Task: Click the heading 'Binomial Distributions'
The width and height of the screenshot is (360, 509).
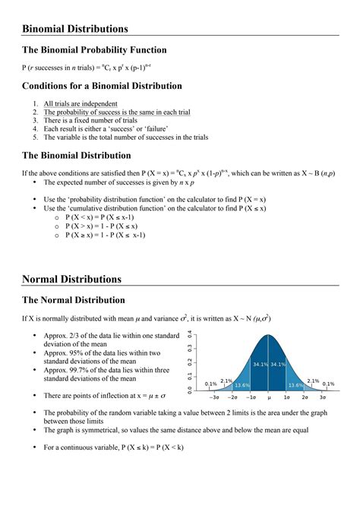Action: pyautogui.click(x=74, y=29)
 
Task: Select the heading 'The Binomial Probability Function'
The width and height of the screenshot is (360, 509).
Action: pyautogui.click(x=94, y=50)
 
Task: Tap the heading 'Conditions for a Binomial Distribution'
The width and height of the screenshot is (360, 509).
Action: pyautogui.click(x=102, y=86)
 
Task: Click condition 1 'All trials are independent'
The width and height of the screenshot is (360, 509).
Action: pyautogui.click(x=80, y=103)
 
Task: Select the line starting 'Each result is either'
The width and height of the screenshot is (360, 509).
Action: pyautogui.click(x=106, y=129)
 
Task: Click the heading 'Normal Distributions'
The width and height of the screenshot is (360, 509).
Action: pyautogui.click(x=71, y=279)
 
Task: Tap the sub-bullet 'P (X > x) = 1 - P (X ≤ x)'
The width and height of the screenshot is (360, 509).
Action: pyautogui.click(x=112, y=226)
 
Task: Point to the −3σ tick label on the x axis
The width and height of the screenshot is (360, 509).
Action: pyautogui.click(x=214, y=397)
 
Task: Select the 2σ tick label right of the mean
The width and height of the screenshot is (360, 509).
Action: pyautogui.click(x=304, y=397)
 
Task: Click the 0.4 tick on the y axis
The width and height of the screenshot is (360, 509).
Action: pyautogui.click(x=190, y=335)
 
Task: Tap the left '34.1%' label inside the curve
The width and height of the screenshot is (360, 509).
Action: pyautogui.click(x=260, y=365)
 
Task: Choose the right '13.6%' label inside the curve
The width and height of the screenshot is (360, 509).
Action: pyautogui.click(x=295, y=385)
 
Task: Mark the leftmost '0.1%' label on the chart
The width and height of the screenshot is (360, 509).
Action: pyautogui.click(x=211, y=384)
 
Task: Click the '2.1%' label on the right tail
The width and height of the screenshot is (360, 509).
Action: pyautogui.click(x=313, y=381)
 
